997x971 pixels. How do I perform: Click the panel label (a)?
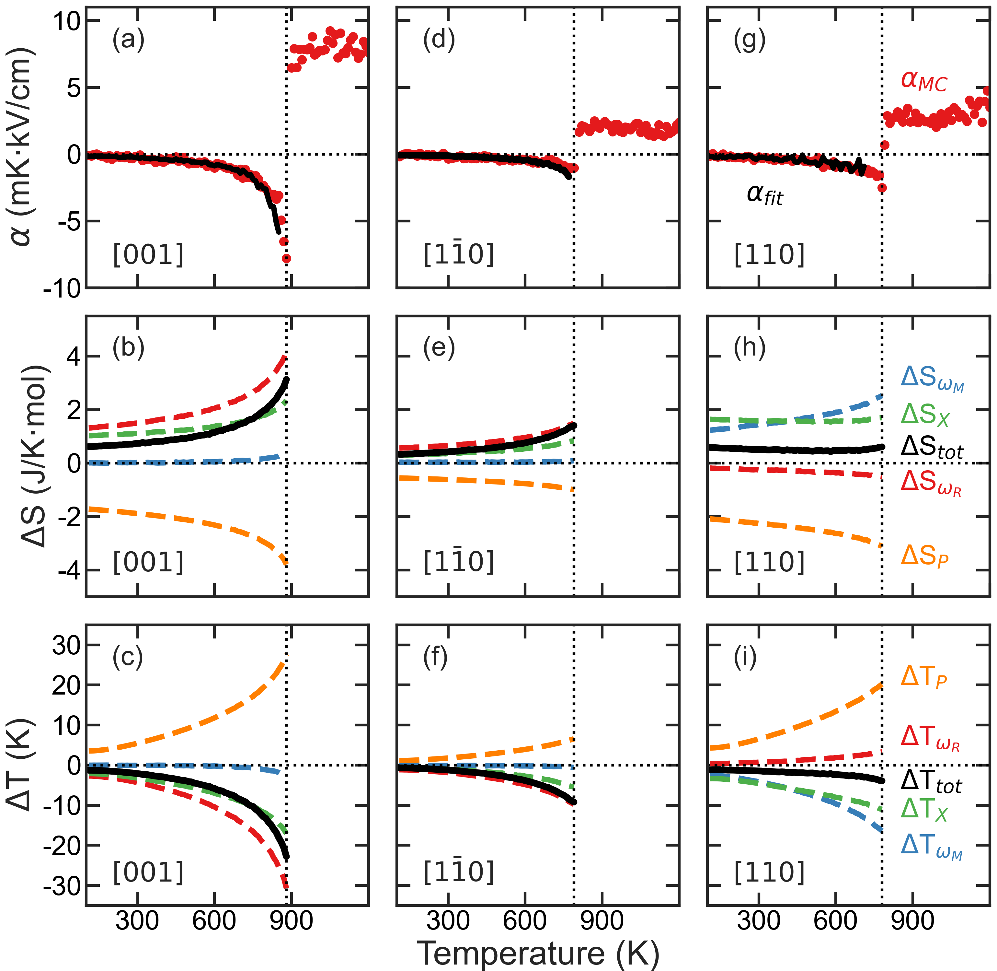[x=129, y=40]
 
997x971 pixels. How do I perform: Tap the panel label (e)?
[x=439, y=348]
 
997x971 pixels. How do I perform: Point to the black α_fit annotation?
[x=764, y=195]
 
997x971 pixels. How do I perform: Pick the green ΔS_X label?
[x=925, y=415]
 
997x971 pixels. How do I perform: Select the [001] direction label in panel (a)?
[x=148, y=254]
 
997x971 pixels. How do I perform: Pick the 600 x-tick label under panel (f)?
[x=524, y=920]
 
